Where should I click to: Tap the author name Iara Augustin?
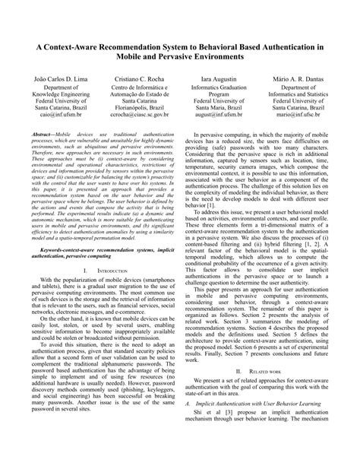(x=219, y=79)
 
